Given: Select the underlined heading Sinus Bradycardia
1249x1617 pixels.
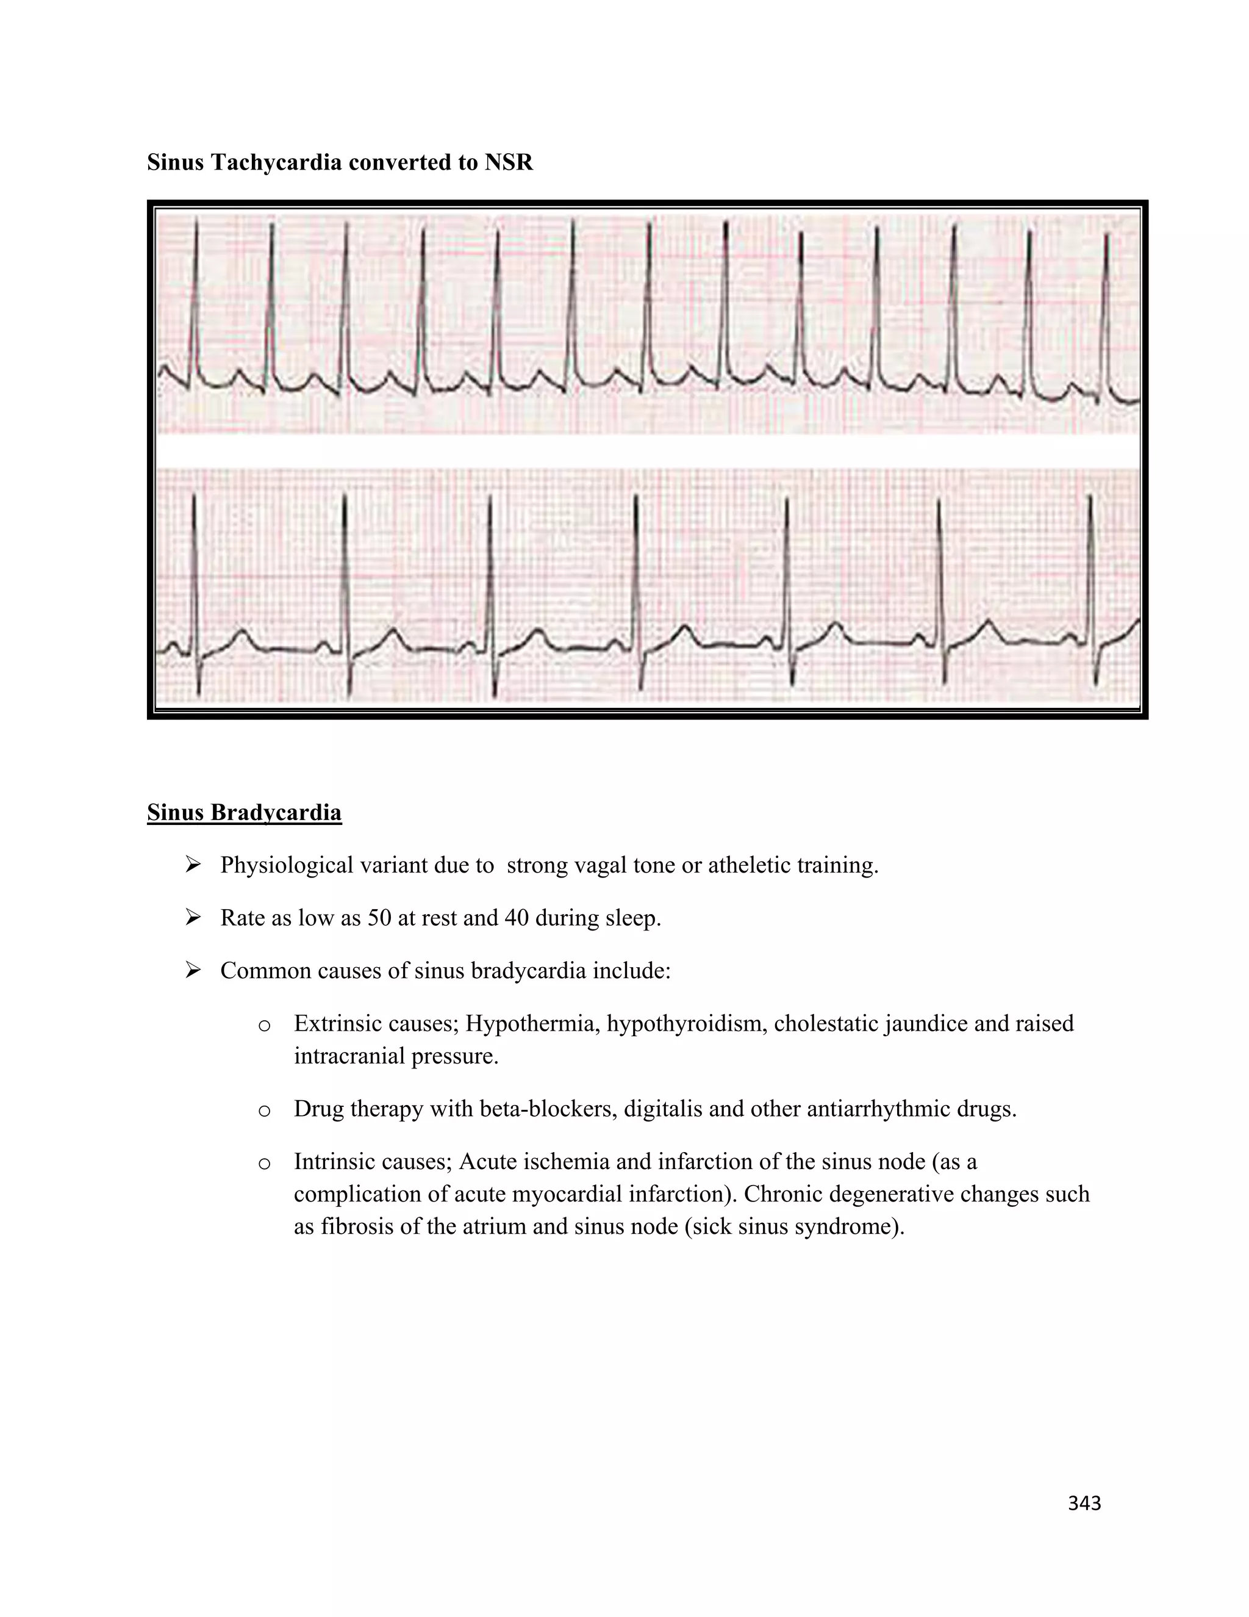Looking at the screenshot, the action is (x=244, y=812).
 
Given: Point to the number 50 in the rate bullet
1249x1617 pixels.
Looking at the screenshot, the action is (x=379, y=918).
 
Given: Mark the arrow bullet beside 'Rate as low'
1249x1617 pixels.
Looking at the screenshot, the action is (x=193, y=918).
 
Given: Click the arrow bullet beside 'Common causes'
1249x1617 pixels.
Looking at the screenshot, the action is (x=193, y=971).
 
